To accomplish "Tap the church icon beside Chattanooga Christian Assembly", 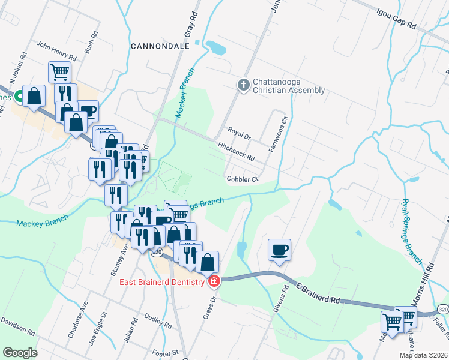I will pos(244,85).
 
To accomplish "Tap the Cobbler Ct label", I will pos(242,179).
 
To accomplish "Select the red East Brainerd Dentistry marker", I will pos(214,280).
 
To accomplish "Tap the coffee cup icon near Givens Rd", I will pos(279,249).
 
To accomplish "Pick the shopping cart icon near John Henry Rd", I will pos(59,72).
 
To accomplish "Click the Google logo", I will pos(20,353).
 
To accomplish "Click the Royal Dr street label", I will pos(238,133).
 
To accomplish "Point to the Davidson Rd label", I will pos(18,326).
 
